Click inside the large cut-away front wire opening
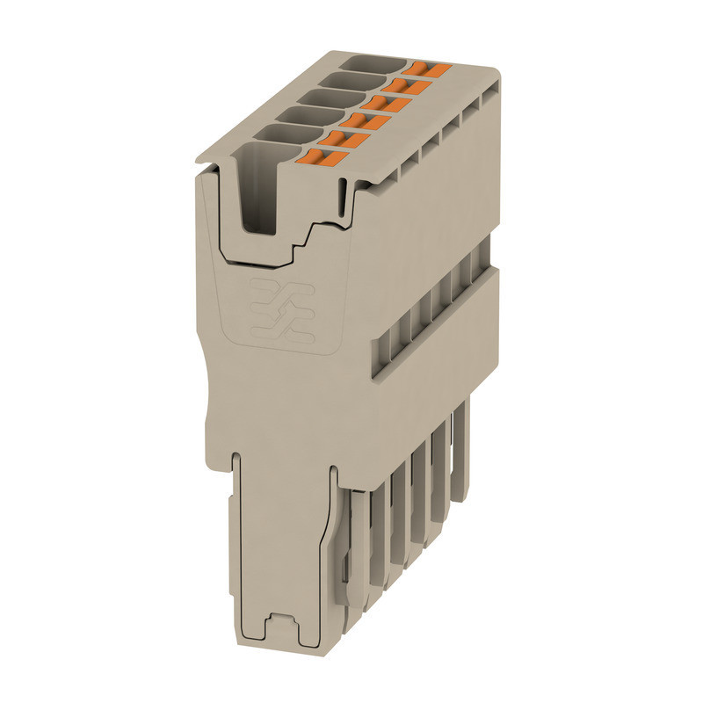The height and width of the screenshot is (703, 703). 258,202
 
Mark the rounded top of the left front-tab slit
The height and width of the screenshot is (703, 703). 236,457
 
